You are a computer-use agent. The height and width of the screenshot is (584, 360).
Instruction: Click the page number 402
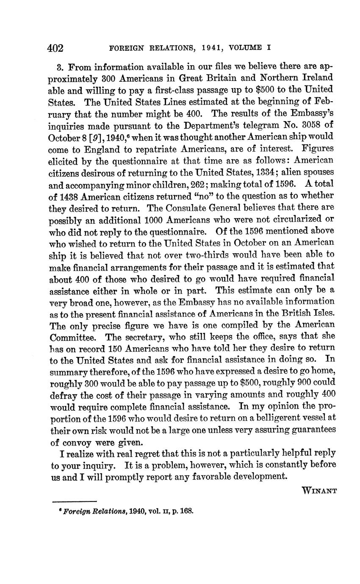[x=55, y=48]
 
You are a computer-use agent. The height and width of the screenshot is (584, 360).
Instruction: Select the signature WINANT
[x=319, y=491]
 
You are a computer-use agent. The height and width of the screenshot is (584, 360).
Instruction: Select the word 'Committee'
[x=75, y=337]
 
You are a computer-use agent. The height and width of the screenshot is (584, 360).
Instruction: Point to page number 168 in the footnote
[x=187, y=511]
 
